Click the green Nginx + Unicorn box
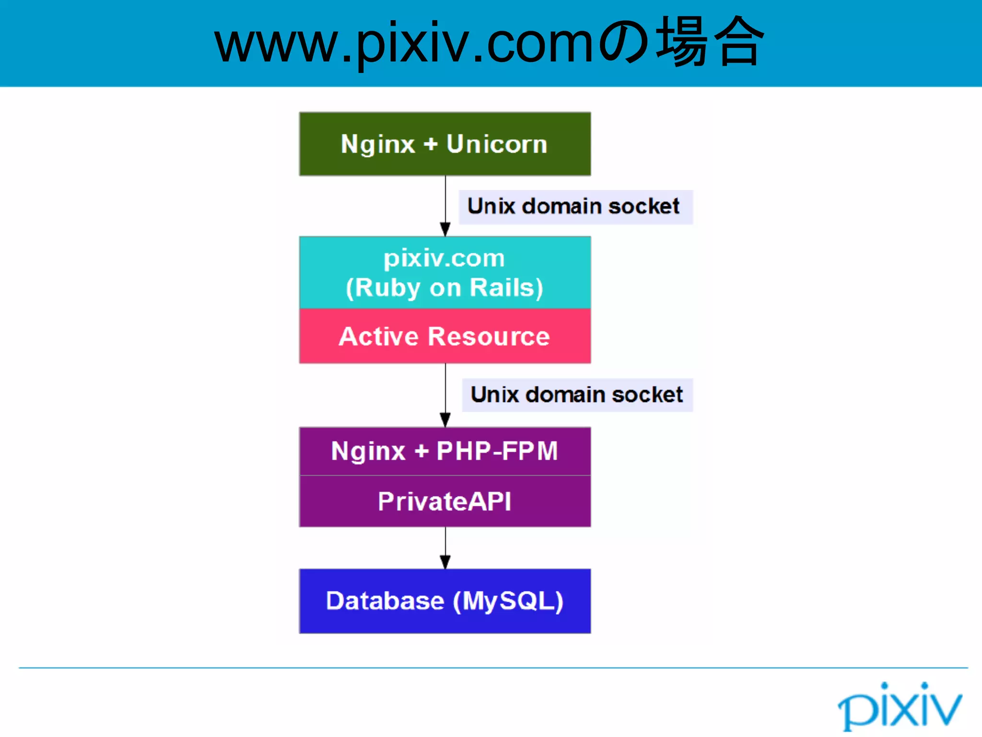click(445, 144)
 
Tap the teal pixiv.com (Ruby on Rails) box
click(445, 272)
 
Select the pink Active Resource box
click(445, 336)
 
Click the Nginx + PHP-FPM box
click(445, 451)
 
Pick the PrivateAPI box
click(445, 501)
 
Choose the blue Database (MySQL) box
click(445, 601)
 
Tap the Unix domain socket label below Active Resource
click(577, 395)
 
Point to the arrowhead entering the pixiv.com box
click(445, 229)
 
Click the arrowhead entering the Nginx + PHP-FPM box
click(445, 420)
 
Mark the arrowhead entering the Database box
click(445, 562)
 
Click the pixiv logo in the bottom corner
click(900, 706)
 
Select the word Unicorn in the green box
click(497, 144)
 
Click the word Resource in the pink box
click(489, 336)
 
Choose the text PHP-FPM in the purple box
click(497, 451)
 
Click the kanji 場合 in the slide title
click(710, 42)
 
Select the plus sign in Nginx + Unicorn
click(431, 144)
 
